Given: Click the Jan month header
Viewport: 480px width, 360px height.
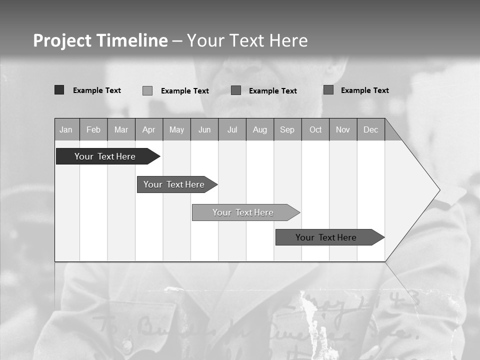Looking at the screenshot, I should [66, 129].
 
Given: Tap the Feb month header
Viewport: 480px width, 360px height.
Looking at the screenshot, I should [93, 129].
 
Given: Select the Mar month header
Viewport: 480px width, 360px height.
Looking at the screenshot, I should [121, 129].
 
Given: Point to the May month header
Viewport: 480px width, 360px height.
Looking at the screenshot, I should [176, 129].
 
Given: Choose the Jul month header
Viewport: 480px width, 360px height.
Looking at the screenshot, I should [232, 129].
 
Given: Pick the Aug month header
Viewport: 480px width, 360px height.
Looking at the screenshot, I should [260, 129].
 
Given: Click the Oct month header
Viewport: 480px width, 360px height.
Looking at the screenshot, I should [315, 129].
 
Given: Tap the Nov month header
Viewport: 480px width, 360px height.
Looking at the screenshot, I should [343, 129].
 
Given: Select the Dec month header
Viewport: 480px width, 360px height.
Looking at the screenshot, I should [370, 129].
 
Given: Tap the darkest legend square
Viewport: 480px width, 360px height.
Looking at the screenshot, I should [59, 90].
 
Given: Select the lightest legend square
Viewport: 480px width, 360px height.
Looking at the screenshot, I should [147, 90].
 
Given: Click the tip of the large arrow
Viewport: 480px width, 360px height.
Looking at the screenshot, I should [438, 190].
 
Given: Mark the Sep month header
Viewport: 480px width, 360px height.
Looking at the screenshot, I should [287, 129].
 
